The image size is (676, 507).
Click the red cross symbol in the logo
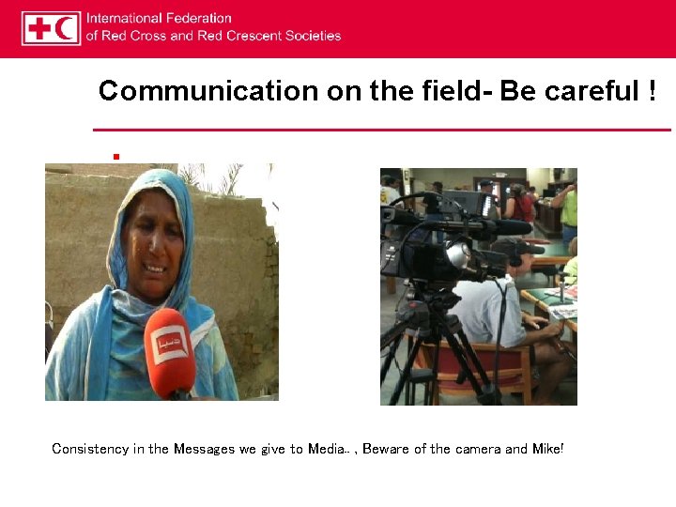[x=40, y=28]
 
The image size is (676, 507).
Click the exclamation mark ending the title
[x=652, y=91]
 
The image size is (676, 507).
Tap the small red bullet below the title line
[x=115, y=156]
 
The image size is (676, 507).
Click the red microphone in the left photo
[x=170, y=352]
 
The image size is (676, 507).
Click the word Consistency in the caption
[x=90, y=449]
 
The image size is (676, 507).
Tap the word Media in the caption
[x=326, y=449]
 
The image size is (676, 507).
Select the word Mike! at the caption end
[x=547, y=449]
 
